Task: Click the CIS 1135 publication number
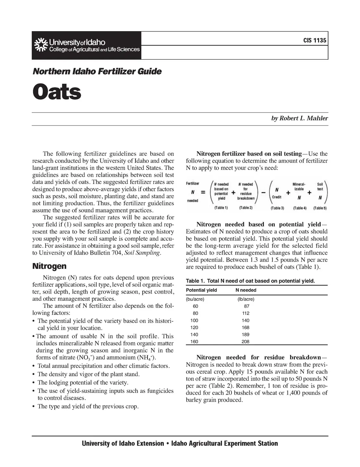click(315, 41)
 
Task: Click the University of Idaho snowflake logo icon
click(40, 45)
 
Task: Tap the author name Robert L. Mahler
click(299, 118)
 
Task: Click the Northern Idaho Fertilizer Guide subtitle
click(97, 71)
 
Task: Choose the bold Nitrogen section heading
click(49, 266)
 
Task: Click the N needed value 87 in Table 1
click(246, 306)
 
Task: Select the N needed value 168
click(245, 327)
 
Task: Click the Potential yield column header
click(201, 290)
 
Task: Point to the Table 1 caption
click(250, 281)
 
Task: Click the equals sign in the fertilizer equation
click(203, 192)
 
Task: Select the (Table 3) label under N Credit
click(277, 208)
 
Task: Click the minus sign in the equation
click(264, 193)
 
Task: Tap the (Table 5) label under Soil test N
click(320, 208)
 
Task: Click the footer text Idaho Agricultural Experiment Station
click(224, 443)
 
